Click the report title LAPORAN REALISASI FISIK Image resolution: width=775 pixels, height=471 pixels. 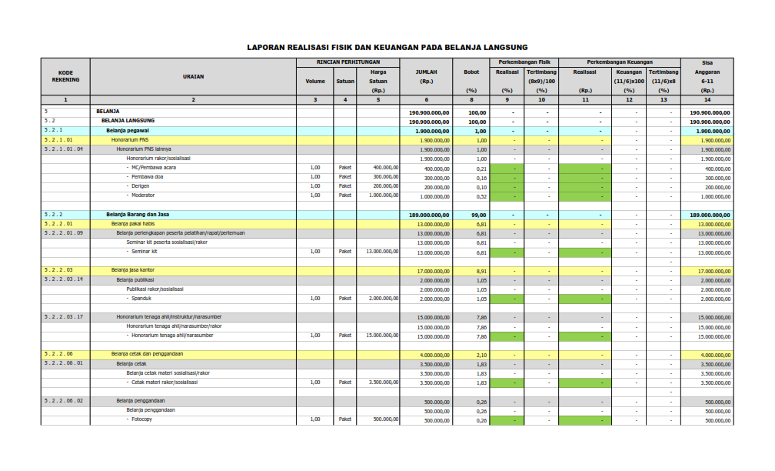click(387, 47)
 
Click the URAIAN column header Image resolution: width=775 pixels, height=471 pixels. click(193, 76)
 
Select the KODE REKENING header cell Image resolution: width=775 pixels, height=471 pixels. click(65, 76)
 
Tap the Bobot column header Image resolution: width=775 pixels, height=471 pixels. click(471, 72)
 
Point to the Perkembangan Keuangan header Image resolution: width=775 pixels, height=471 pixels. click(619, 62)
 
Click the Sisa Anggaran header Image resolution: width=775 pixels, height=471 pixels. click(707, 72)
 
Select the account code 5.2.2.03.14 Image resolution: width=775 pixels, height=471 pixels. click(64, 279)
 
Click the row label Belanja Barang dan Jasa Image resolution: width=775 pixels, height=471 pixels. click(137, 215)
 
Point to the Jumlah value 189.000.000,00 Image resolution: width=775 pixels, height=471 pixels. click(426, 215)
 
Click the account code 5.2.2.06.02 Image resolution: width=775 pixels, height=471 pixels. click(64, 400)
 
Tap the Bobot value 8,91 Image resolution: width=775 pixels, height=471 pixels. click(481, 271)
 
